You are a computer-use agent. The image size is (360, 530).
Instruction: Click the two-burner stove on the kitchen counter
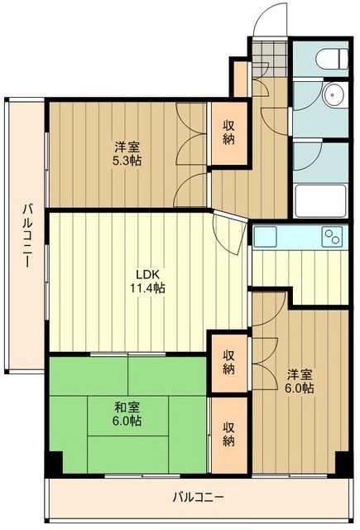point(333,237)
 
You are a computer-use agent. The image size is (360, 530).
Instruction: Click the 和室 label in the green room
point(127,407)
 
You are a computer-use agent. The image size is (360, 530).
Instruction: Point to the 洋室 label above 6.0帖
point(299,373)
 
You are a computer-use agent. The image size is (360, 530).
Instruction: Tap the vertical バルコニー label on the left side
point(26,235)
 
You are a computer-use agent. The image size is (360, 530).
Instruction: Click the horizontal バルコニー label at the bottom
point(198,498)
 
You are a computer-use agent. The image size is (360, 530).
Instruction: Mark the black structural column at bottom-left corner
point(53,466)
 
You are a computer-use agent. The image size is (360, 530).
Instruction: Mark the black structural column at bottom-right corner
point(342,466)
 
